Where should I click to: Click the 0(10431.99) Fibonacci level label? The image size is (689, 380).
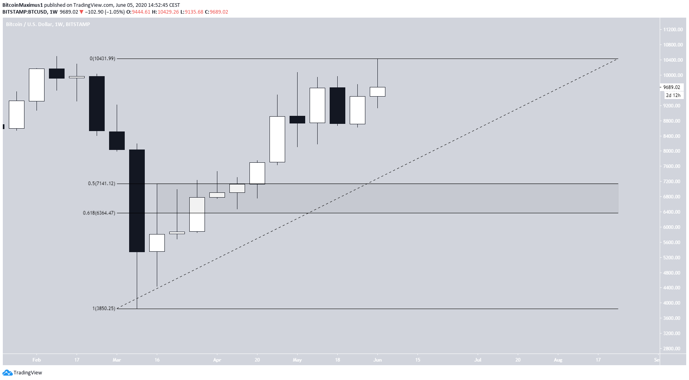(102, 59)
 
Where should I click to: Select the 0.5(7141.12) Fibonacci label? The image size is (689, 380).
(101, 184)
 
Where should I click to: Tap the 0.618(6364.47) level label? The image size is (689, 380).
(99, 213)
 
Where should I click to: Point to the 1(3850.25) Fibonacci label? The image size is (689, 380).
(103, 309)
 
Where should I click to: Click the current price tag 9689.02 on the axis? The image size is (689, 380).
(671, 87)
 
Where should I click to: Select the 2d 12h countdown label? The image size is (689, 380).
(673, 95)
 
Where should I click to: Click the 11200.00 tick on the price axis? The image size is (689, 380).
(673, 30)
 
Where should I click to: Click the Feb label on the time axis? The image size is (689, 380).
(36, 360)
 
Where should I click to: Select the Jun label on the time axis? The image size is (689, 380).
(377, 360)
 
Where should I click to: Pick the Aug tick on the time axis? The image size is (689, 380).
(558, 360)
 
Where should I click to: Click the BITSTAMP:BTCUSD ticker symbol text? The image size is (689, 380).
(24, 12)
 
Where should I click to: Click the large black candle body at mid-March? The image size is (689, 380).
(137, 200)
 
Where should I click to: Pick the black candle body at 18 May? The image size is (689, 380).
(337, 105)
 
